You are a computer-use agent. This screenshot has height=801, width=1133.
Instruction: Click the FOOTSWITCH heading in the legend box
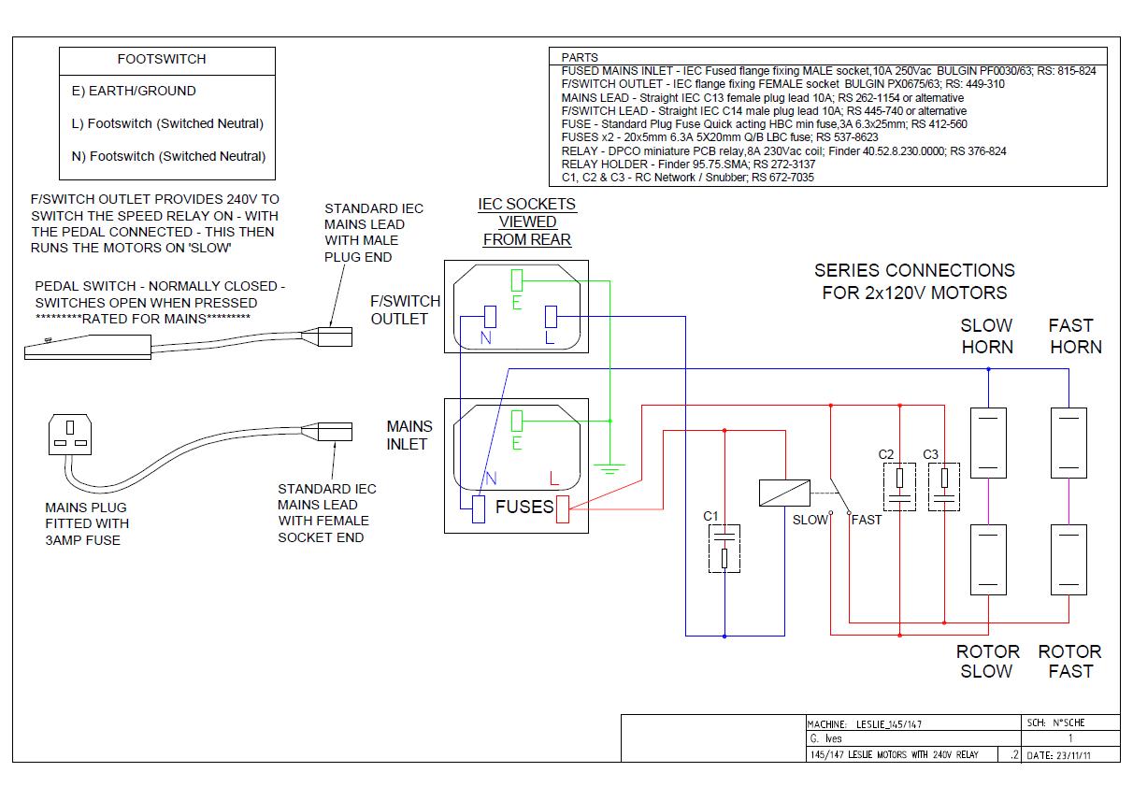coord(162,59)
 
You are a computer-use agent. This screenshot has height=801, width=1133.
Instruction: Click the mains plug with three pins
coord(70,435)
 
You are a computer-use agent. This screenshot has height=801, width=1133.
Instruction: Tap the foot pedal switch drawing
coord(88,347)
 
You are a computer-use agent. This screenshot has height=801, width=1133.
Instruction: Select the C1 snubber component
coord(724,549)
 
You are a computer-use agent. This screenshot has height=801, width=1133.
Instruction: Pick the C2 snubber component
coord(899,486)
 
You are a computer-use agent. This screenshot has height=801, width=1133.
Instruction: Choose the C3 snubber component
coord(944,486)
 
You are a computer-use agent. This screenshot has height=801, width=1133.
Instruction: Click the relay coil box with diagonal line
coord(784,493)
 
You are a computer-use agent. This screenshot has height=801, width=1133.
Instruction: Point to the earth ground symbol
coord(610,468)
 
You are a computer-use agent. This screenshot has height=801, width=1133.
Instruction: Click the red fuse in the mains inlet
coord(563,509)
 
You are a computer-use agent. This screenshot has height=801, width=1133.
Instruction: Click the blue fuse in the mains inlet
coord(479,509)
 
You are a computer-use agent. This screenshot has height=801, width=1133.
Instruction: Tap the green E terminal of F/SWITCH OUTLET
coord(516,280)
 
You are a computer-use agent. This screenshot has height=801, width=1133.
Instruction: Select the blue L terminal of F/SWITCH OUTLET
coord(551,317)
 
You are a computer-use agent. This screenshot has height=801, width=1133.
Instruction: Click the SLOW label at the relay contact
coord(810,520)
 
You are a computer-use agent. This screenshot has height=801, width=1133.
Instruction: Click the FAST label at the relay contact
coord(867,520)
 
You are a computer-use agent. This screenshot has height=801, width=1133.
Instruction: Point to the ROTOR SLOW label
coord(987,662)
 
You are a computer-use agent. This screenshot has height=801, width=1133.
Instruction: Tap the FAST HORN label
coord(1075,336)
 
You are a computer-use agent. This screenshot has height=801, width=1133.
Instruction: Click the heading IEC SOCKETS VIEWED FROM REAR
coord(527,222)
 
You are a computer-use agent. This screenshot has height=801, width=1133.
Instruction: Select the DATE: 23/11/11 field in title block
coord(1058,755)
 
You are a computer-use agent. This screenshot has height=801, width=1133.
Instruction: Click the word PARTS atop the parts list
coord(580,58)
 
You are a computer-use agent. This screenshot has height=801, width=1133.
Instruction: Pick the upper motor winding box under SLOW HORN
coord(988,443)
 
